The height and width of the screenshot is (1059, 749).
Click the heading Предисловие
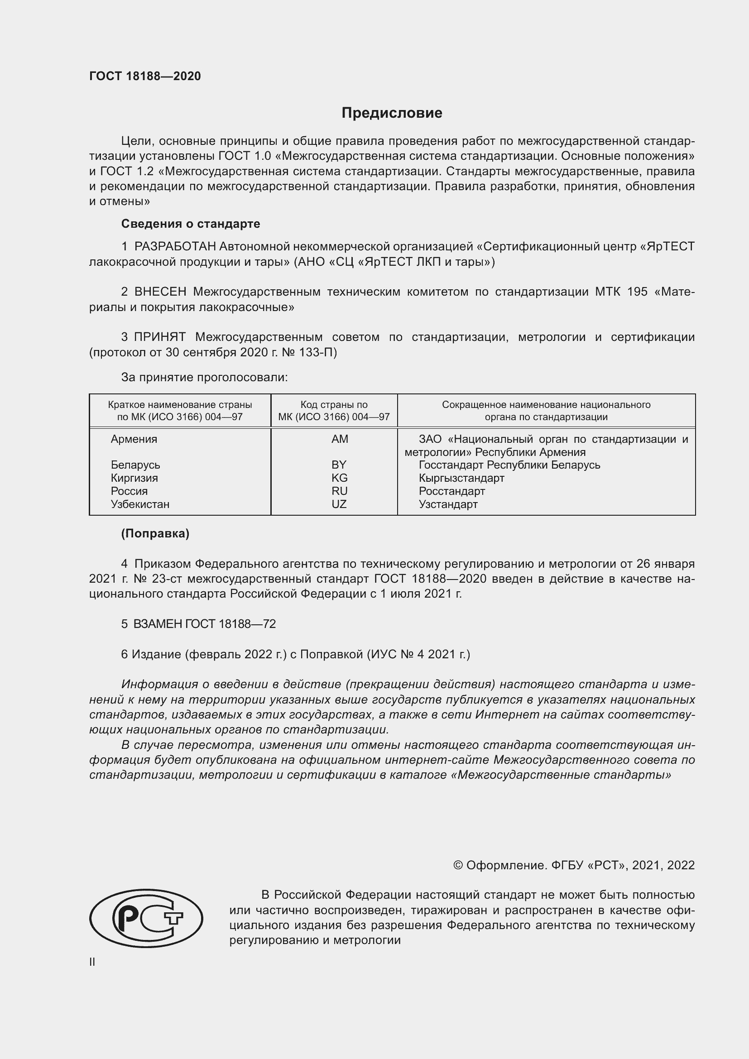pos(392,113)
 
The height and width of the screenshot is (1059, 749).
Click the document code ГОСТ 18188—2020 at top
pos(145,76)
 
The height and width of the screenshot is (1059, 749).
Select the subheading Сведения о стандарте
pos(191,224)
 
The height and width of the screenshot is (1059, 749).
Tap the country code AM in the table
pos(340,439)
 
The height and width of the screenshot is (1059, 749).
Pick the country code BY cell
pos(339,465)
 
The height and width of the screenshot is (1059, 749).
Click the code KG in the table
pos(339,478)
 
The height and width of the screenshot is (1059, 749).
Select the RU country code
pos(339,491)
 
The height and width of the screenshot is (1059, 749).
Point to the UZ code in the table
pos(339,504)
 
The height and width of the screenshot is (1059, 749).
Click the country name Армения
pos(134,439)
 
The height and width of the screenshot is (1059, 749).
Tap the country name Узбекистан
pos(140,504)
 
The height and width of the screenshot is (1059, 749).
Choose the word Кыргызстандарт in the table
pos(461,478)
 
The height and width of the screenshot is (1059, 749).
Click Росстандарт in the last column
pos(451,491)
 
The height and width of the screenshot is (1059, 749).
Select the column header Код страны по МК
pos(334,411)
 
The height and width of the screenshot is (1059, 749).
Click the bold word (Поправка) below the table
pos(155,534)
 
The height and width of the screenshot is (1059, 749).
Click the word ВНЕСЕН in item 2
pos(160,292)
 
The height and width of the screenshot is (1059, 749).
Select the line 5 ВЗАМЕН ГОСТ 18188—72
pos(198,624)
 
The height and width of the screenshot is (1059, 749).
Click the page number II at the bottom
pos(92,962)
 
